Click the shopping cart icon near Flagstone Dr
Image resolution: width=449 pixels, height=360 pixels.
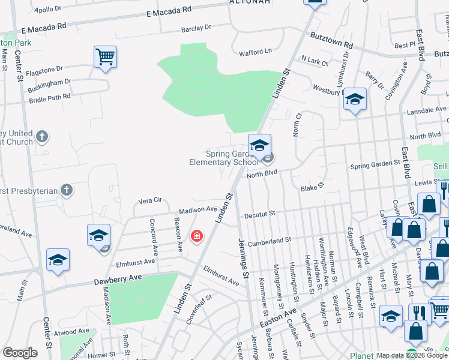click(x=105, y=58)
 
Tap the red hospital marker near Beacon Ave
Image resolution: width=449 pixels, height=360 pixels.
click(x=196, y=236)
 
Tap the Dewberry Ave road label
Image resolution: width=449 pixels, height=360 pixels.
click(x=117, y=280)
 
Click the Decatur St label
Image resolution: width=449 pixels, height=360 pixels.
click(x=259, y=214)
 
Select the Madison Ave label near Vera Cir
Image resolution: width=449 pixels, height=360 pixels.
click(x=197, y=210)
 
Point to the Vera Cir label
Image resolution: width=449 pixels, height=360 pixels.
click(x=151, y=200)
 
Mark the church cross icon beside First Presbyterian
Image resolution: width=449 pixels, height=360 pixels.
click(x=67, y=191)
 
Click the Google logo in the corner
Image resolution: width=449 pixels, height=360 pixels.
click(x=20, y=353)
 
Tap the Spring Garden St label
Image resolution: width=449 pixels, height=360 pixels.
click(x=375, y=163)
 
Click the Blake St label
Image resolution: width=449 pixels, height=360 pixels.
click(x=312, y=188)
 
